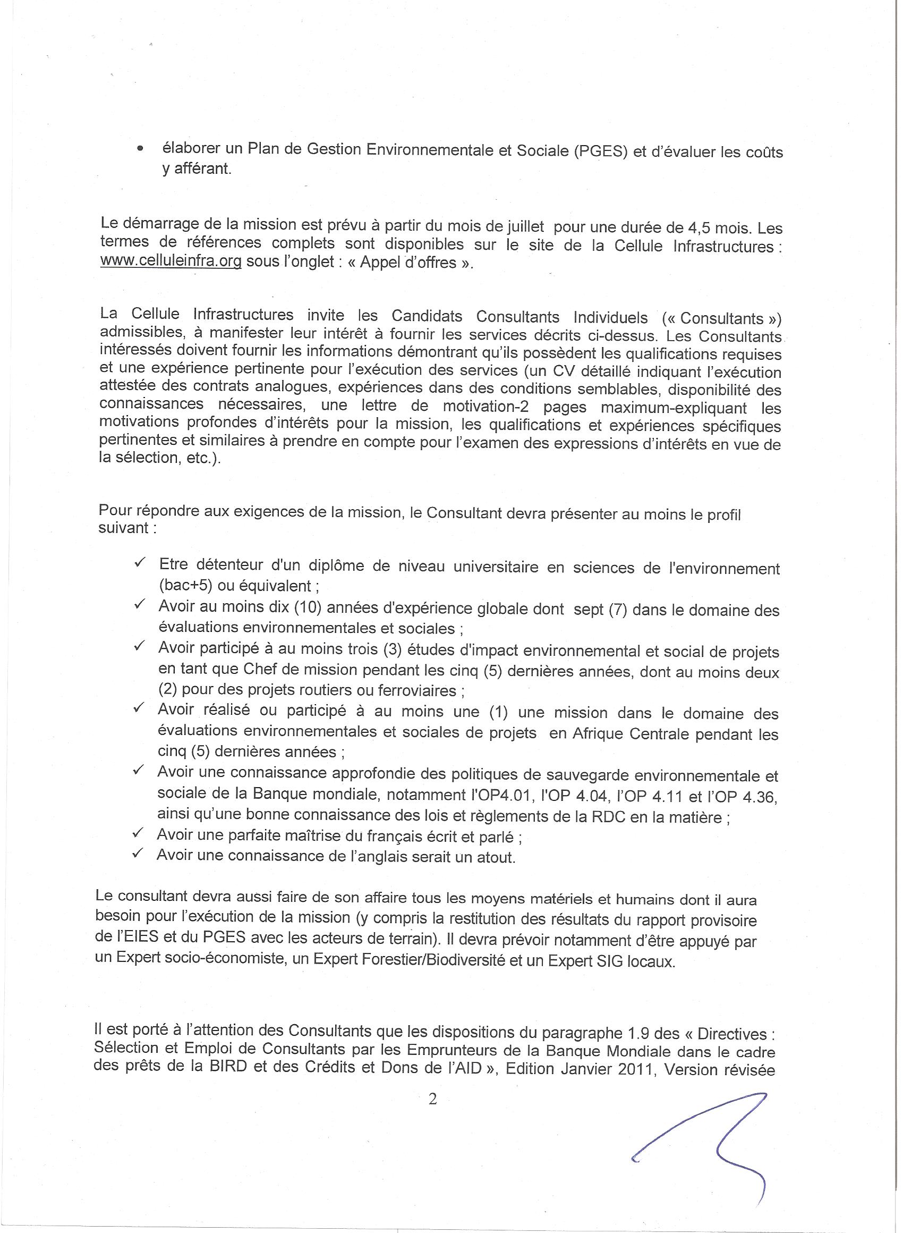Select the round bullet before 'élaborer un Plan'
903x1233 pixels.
pos(140,148)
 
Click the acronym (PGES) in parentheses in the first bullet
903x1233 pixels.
pos(600,151)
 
